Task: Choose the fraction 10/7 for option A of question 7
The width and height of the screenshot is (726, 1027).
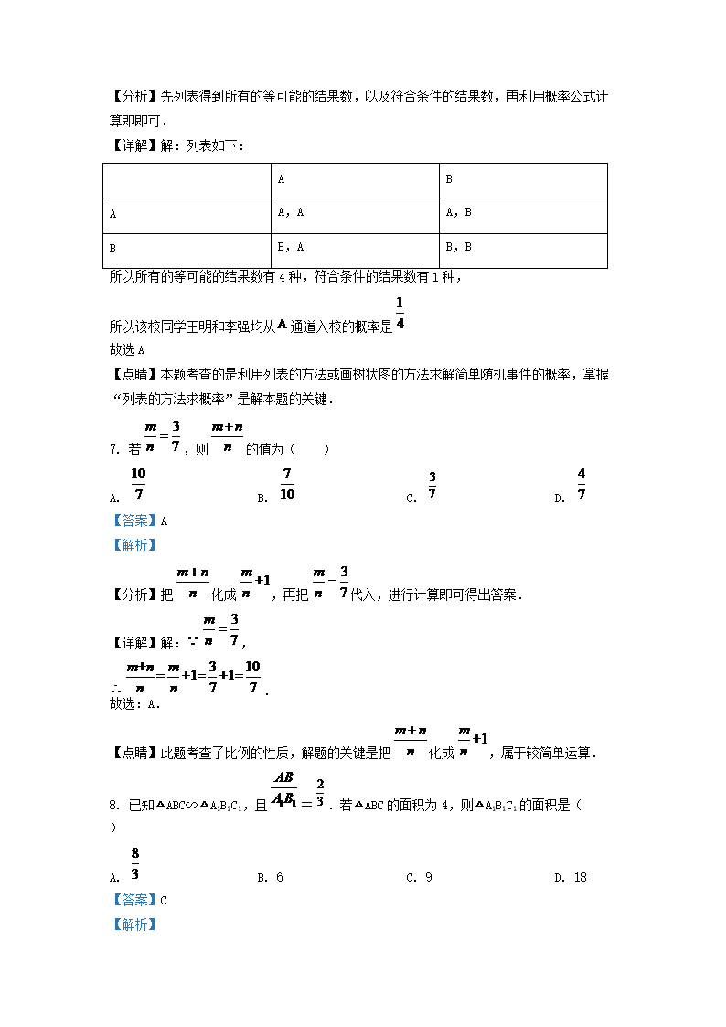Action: pos(138,484)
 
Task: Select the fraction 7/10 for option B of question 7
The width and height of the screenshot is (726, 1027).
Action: pos(287,484)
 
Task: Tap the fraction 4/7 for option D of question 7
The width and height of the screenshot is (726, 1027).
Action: pos(582,484)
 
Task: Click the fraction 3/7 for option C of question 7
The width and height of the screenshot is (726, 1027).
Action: pos(432,486)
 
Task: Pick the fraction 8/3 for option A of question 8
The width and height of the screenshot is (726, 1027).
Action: pos(135,863)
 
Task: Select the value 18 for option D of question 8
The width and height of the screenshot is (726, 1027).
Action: pos(580,878)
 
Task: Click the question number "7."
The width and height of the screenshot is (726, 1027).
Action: pos(114,449)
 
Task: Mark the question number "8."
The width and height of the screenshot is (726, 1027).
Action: pos(114,806)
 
